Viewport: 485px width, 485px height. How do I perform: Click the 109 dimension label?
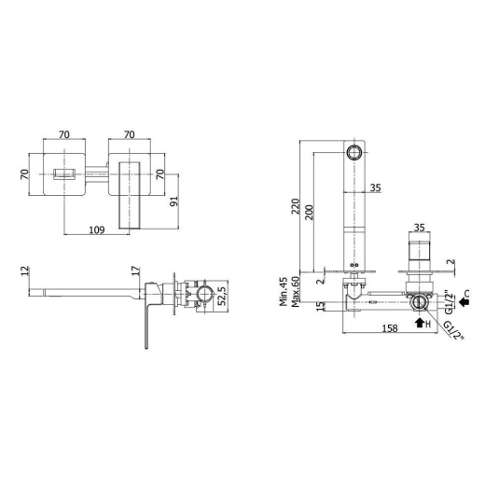(97, 229)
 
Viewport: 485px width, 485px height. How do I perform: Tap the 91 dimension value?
(174, 201)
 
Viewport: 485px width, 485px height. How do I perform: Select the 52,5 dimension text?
(222, 297)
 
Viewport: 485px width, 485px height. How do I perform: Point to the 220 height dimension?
(296, 206)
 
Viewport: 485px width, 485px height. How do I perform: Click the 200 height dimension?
(309, 213)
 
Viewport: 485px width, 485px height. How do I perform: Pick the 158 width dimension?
(390, 328)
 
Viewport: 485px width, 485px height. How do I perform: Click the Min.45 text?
(284, 291)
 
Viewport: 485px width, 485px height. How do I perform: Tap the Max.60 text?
(296, 291)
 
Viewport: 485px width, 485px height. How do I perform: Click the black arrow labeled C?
(464, 301)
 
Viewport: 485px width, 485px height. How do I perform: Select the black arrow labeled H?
(420, 323)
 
